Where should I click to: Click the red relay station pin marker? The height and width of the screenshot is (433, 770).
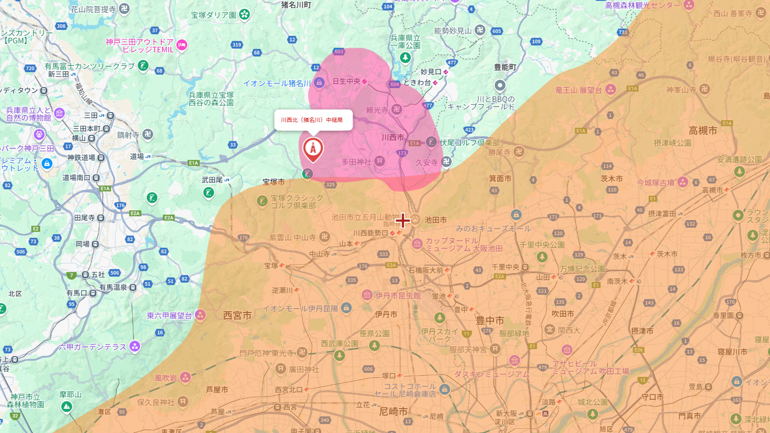[313, 149]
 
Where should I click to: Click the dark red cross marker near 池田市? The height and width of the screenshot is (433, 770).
[403, 220]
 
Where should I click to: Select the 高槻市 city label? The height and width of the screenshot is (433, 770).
[703, 131]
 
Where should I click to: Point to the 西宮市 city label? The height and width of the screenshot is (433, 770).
[237, 315]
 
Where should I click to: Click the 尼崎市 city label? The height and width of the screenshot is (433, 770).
[393, 411]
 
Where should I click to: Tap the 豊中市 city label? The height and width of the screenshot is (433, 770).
[490, 320]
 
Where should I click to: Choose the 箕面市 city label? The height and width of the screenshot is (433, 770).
[500, 178]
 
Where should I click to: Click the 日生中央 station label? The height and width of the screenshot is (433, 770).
[347, 81]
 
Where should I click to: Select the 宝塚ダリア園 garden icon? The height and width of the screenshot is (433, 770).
[244, 15]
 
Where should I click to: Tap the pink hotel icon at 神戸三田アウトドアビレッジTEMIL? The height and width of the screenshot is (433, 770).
[182, 45]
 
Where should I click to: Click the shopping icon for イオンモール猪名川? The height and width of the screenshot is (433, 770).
[319, 83]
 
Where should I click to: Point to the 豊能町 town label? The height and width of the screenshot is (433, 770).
[505, 67]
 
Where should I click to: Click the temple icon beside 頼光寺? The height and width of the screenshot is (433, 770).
[396, 110]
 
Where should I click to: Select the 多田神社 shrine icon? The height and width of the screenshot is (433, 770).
[380, 161]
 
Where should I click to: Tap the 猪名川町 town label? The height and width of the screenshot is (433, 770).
[296, 5]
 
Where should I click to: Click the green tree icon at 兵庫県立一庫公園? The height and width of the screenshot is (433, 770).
[405, 58]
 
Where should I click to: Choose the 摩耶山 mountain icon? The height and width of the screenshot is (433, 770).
[67, 406]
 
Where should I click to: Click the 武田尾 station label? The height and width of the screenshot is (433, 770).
[212, 180]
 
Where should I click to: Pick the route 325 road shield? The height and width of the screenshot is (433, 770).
[331, 184]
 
